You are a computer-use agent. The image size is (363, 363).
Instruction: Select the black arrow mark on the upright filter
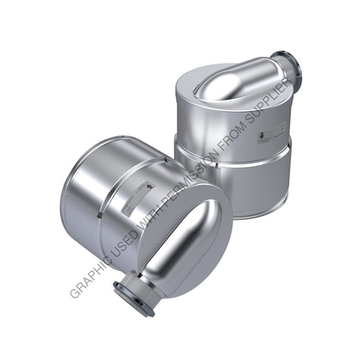click(x=262, y=137)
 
